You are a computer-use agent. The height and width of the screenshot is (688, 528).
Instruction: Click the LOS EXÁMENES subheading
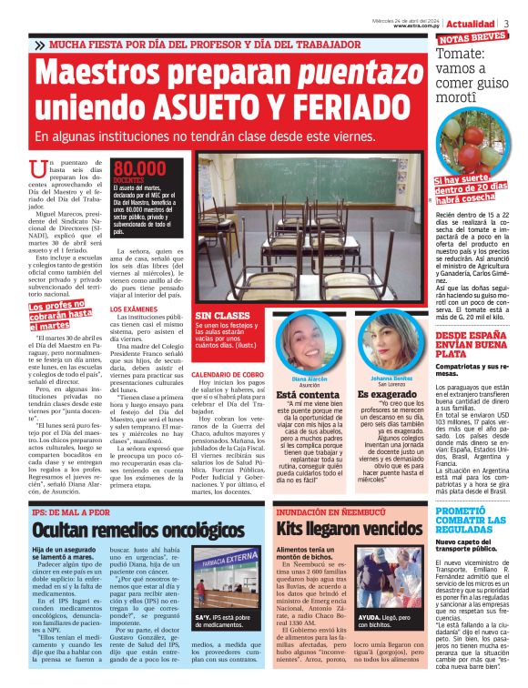click(x=134, y=309)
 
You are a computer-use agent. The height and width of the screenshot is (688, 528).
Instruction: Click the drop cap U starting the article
click(x=37, y=169)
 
